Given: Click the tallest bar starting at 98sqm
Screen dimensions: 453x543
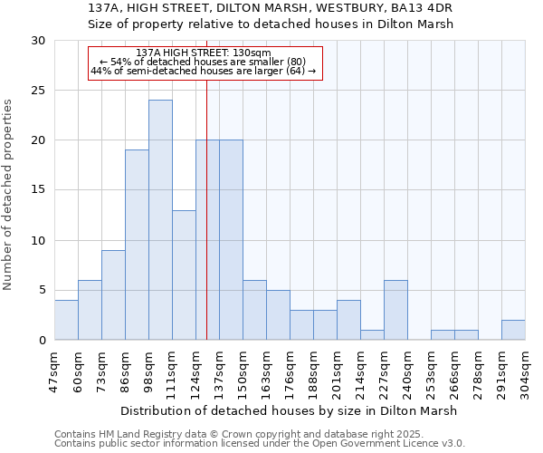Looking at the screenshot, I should pos(160,220).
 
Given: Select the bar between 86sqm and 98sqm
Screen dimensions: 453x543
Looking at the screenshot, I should pos(137,245).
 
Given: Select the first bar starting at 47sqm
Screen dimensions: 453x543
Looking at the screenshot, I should pos(66,320).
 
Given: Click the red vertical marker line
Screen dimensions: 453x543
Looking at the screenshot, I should pos(207,226).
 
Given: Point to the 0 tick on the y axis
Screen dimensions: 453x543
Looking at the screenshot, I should pos(42,341).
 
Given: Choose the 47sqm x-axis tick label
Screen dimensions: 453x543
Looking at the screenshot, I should pos(55,371).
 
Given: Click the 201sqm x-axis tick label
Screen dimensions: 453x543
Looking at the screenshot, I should pos(338,371).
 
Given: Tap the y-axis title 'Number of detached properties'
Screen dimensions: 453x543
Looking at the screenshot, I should pos(9,196).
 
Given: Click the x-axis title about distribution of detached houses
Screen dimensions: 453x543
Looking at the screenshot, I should pos(289,410).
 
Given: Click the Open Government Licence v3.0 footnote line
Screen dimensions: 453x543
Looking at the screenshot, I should pos(260,444).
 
